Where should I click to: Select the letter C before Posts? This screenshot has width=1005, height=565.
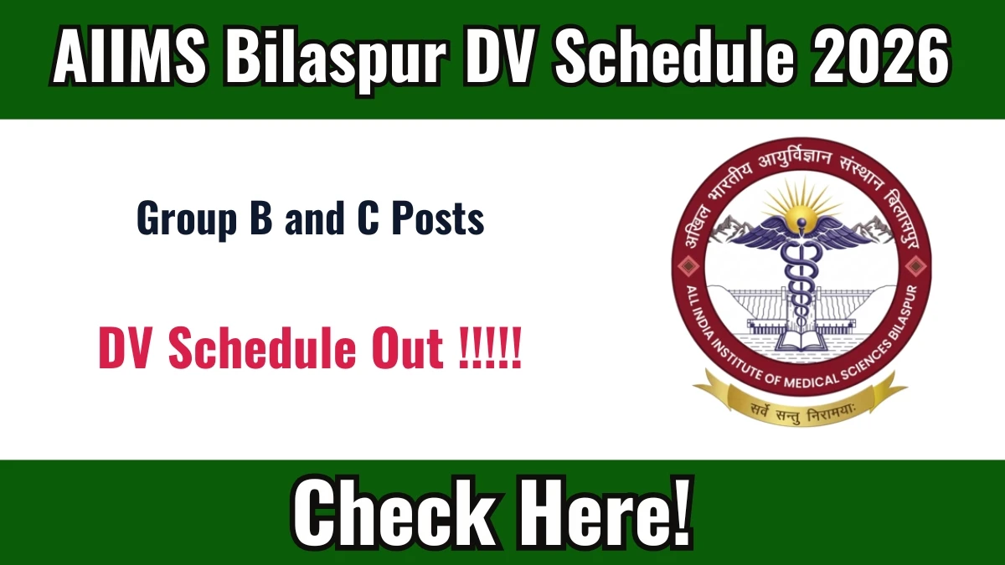[x=368, y=218]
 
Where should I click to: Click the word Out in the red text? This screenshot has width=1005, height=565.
[x=407, y=348]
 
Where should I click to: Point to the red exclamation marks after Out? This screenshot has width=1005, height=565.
[x=491, y=348]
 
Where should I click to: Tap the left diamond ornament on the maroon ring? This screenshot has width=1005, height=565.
[x=688, y=266]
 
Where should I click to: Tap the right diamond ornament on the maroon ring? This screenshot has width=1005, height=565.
[x=915, y=266]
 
